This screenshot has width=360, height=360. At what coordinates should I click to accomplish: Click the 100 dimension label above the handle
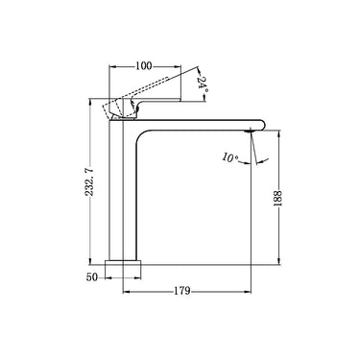(x=145, y=65)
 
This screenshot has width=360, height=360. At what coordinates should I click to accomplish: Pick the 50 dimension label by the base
(x=93, y=277)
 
